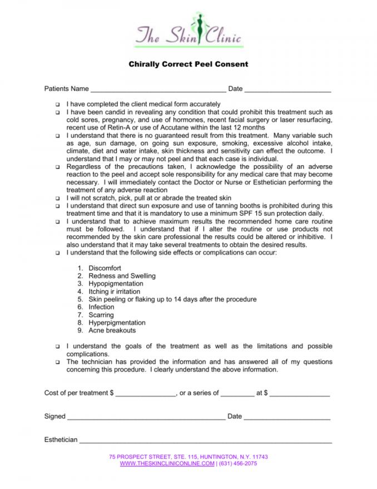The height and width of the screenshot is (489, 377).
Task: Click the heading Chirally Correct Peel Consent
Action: (188, 65)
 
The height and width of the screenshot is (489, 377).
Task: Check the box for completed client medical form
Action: (57, 105)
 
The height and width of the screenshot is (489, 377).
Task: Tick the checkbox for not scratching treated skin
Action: (57, 198)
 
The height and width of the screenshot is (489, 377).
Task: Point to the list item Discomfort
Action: (105, 268)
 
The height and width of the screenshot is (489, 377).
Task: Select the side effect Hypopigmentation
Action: (116, 284)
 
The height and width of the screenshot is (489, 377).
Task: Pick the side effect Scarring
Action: (101, 315)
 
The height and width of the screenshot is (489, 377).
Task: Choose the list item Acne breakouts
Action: (112, 330)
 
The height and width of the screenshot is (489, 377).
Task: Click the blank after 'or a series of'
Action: (237, 394)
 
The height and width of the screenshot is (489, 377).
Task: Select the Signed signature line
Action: (146, 417)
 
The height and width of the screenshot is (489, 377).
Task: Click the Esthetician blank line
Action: (206, 441)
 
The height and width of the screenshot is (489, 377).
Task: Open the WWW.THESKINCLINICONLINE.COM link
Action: (167, 463)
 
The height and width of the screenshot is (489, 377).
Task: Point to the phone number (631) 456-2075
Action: (237, 463)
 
